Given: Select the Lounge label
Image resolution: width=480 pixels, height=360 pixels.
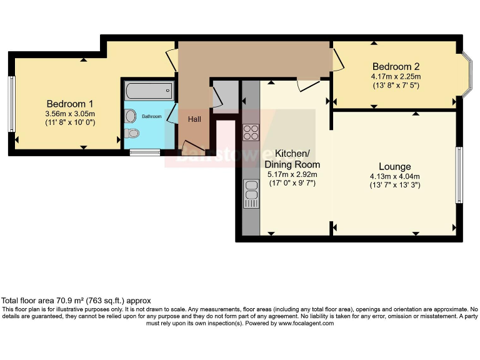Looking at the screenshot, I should [395, 166].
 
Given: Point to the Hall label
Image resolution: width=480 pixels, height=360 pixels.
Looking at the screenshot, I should [194, 119].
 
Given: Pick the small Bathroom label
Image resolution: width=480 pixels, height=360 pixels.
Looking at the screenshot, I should [151, 116].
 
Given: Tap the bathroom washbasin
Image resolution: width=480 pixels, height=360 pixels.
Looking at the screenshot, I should [130, 116].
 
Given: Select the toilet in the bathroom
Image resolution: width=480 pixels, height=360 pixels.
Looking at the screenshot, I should [132, 134].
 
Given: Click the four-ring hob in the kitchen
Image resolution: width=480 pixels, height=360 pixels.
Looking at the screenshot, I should [251, 132].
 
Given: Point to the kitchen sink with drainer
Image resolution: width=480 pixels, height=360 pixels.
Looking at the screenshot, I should [251, 194].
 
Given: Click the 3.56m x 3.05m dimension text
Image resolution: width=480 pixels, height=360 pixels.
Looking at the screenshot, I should [70, 114].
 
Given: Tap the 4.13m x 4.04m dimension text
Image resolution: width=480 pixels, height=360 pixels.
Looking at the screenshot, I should [395, 176].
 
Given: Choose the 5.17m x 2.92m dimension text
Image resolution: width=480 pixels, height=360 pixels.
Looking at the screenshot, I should [293, 174].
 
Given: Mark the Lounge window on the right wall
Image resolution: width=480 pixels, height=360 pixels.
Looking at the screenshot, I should [459, 175].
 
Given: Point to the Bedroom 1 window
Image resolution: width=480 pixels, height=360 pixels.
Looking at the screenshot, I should [11, 104].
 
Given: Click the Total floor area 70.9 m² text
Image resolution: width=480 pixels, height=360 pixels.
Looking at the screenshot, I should [76, 301].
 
